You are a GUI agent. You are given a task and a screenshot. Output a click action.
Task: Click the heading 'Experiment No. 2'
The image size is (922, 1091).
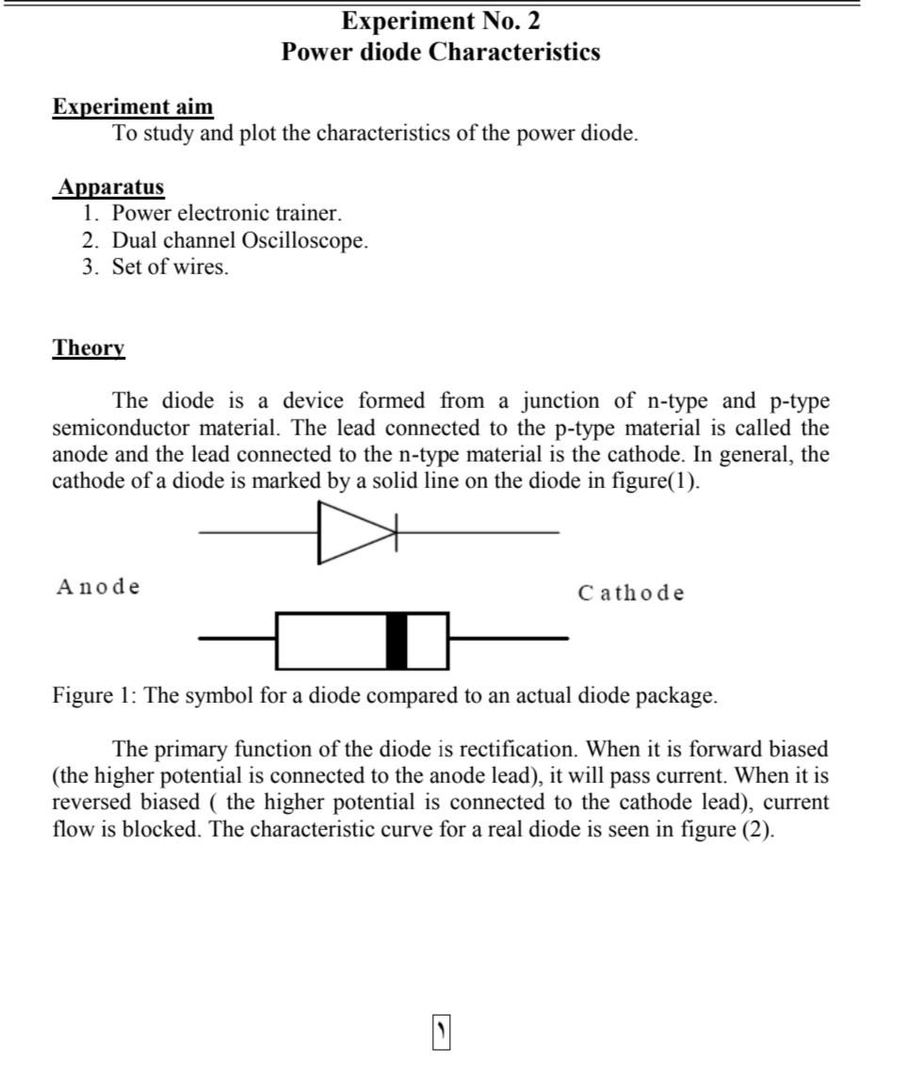point(440,21)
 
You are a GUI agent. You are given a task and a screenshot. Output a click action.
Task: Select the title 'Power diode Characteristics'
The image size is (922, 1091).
point(440,51)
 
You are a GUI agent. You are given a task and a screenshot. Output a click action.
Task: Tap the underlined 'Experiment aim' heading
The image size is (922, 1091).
point(133,106)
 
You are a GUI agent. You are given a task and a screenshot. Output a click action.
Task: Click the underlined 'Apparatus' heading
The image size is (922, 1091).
point(110,187)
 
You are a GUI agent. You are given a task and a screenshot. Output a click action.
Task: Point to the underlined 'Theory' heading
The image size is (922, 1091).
point(89,348)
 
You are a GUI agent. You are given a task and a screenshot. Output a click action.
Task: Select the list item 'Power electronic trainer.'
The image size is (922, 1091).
point(226,213)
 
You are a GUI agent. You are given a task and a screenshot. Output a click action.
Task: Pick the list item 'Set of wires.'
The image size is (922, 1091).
point(170,267)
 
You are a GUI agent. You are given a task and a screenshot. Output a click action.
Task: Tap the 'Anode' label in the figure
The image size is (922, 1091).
point(98,587)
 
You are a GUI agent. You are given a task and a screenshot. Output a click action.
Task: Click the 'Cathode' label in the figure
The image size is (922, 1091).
point(631,594)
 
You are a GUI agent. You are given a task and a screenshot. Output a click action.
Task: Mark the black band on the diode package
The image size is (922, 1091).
point(397,641)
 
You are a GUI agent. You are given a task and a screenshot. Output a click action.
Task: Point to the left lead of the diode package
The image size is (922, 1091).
point(236,639)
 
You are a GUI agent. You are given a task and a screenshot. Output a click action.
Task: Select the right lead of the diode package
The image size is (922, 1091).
point(509,639)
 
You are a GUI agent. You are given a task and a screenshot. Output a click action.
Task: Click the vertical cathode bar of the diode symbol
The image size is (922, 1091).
point(396,533)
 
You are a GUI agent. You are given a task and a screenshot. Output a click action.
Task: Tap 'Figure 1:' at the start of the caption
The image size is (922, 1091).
point(95,696)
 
